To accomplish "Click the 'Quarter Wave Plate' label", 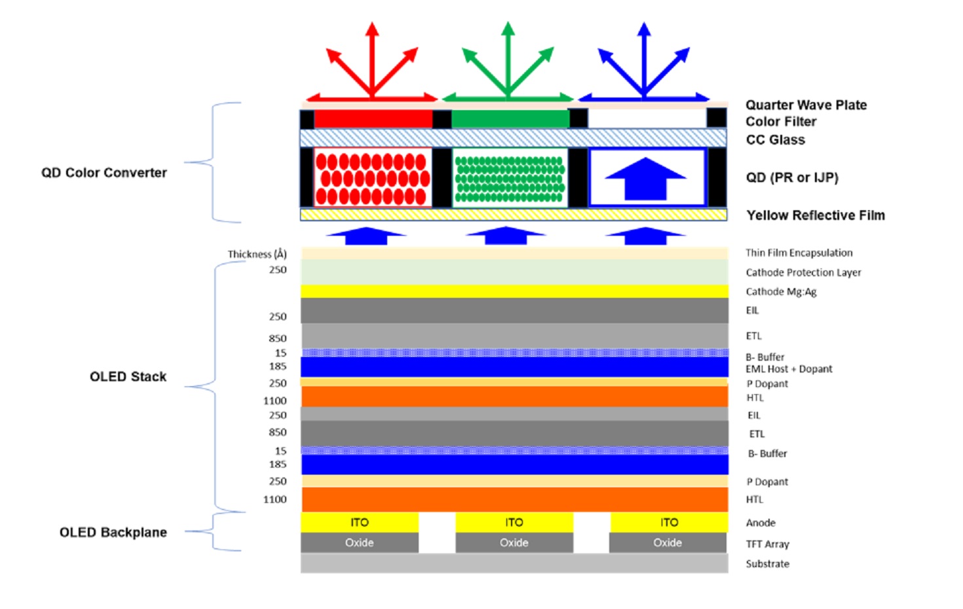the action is (806, 105).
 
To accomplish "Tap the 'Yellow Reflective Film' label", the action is (815, 215).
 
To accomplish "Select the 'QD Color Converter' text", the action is (104, 172).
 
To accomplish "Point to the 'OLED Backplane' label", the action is (113, 532).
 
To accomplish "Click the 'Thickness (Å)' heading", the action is (257, 254).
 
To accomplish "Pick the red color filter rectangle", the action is (373, 119).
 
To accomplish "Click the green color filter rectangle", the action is (510, 119).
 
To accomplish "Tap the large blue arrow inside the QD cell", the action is (645, 178).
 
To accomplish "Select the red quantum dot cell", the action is (373, 178).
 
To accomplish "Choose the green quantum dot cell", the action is (510, 178).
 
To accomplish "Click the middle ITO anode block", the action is (514, 522).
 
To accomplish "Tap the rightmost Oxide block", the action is (668, 542).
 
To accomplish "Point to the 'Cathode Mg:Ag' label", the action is (781, 291).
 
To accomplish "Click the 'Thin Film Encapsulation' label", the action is (799, 253).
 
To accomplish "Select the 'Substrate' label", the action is (767, 563).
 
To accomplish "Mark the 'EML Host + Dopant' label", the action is (789, 369).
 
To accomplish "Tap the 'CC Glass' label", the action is (775, 139).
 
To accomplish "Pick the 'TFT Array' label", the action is (767, 544).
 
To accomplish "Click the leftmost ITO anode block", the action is (360, 522).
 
